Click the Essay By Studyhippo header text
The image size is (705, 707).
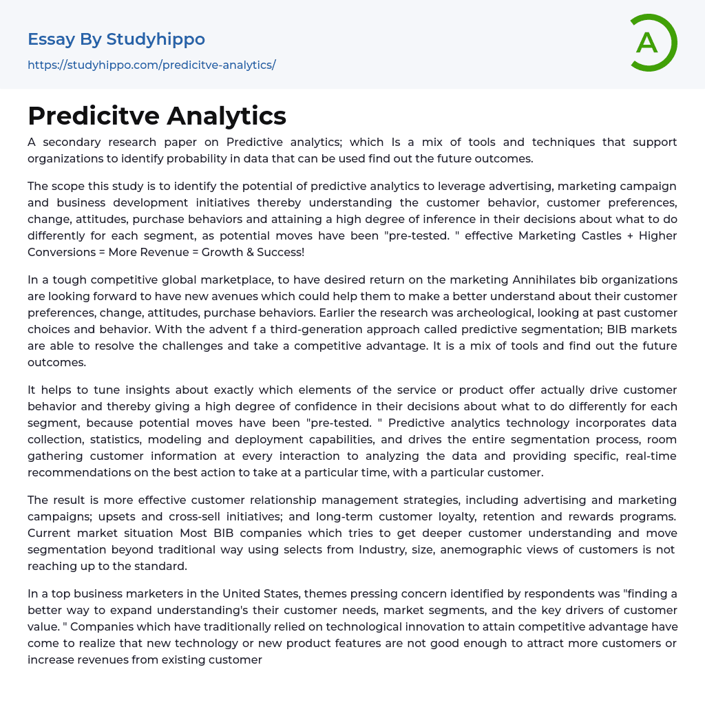(116, 39)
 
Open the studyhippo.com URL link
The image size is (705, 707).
(151, 65)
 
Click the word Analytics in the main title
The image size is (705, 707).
(227, 116)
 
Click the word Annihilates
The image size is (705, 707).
(551, 279)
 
